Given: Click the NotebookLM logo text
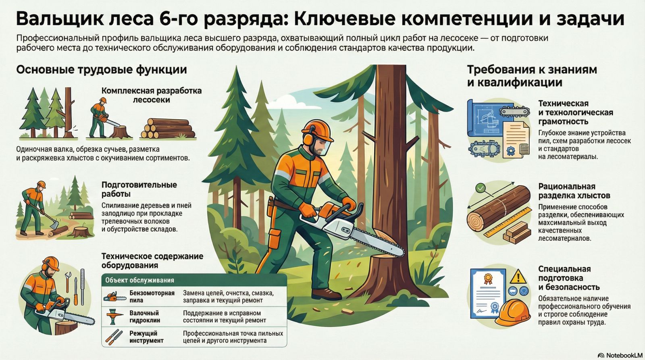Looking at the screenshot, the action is pyautogui.click(x=623, y=356).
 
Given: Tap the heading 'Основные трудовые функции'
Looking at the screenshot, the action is pyautogui.click(x=101, y=70).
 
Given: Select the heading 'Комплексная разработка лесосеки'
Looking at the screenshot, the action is pyautogui.click(x=152, y=95).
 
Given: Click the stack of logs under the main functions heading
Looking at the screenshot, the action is pyautogui.click(x=168, y=128).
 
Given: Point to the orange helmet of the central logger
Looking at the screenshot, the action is pyautogui.click(x=317, y=131).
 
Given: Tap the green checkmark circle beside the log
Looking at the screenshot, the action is pyautogui.click(x=481, y=189).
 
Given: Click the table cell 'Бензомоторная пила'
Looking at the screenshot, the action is pyautogui.click(x=152, y=297).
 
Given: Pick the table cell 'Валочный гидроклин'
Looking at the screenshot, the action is pyautogui.click(x=144, y=316).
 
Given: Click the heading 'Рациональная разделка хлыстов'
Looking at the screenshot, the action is pyautogui.click(x=574, y=191).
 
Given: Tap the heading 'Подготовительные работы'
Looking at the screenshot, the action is pyautogui.click(x=139, y=189).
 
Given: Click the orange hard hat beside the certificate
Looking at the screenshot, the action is pyautogui.click(x=513, y=312).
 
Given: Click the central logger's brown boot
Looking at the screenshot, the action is pyautogui.click(x=326, y=294).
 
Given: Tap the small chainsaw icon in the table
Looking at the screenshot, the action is pyautogui.click(x=114, y=297).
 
